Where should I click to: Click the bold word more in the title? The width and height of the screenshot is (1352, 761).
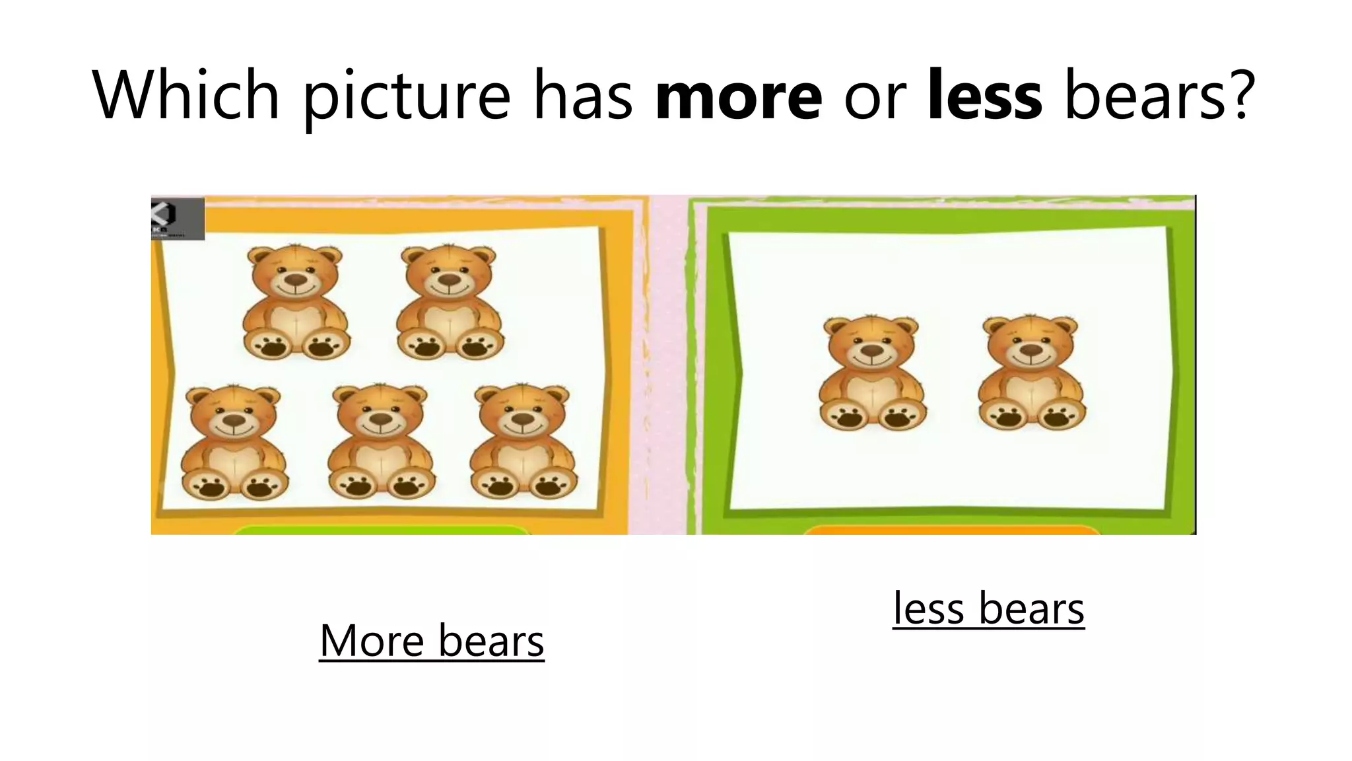pyautogui.click(x=739, y=96)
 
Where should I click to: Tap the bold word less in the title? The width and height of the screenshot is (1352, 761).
pyautogui.click(x=984, y=96)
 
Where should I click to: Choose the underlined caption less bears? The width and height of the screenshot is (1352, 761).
pyautogui.click(x=988, y=608)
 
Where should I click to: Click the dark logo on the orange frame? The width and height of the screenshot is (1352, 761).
pyautogui.click(x=177, y=218)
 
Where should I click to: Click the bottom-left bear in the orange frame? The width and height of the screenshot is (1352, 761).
pyautogui.click(x=234, y=443)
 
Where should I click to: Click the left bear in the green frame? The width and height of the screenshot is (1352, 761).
pyautogui.click(x=872, y=373)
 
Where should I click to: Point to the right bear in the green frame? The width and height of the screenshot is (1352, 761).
pyautogui.click(x=1031, y=373)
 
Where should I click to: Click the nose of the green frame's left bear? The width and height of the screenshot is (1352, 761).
pyautogui.click(x=872, y=350)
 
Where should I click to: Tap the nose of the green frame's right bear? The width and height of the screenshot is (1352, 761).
pyautogui.click(x=1031, y=350)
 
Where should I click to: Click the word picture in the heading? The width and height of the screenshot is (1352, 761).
pyautogui.click(x=406, y=96)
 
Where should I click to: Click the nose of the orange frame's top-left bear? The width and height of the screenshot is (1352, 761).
pyautogui.click(x=296, y=280)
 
